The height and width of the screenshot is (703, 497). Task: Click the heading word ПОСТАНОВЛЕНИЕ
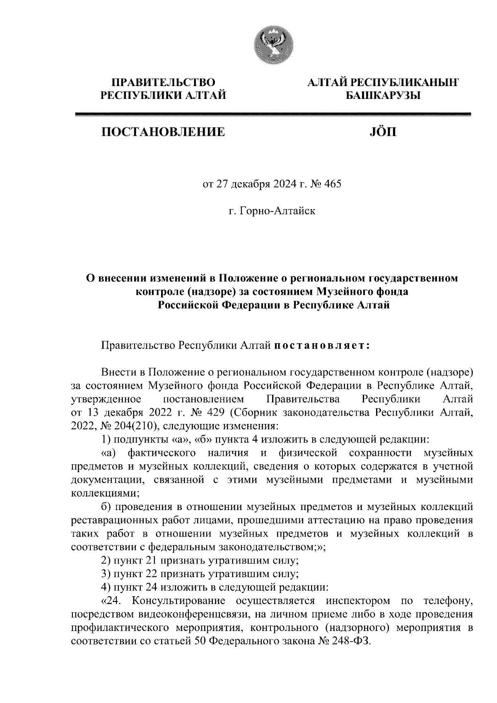click(164, 132)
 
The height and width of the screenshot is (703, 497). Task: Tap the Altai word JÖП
click(382, 132)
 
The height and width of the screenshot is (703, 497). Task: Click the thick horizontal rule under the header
click(273, 114)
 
